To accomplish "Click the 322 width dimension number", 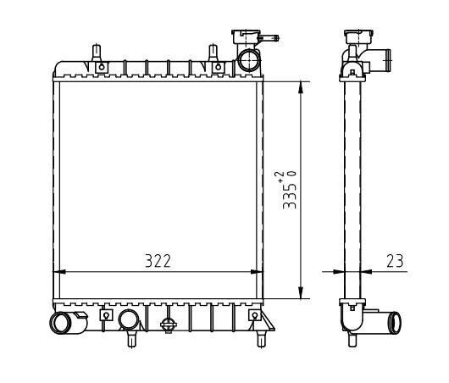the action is (158, 261).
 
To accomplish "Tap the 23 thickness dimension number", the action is (395, 261).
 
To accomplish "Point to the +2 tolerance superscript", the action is (280, 176).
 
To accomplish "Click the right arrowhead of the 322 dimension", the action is (257, 271).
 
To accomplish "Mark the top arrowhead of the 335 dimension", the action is (301, 87).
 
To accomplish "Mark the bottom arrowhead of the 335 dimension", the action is (301, 292).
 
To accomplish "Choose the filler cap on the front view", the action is (246, 36).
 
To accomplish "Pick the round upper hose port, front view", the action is (249, 60).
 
